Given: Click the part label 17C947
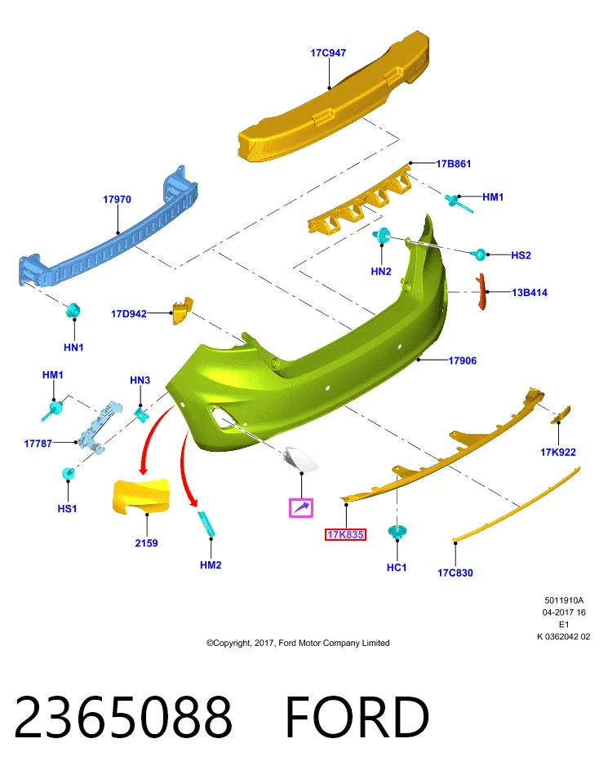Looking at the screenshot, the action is (x=328, y=53).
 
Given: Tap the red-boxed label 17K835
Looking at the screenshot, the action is (x=345, y=535).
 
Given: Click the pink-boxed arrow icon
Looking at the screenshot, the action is (x=301, y=508).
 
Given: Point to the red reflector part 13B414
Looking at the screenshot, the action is (x=481, y=292).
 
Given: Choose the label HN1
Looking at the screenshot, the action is (x=73, y=347).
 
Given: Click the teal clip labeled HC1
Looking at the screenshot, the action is (x=397, y=531).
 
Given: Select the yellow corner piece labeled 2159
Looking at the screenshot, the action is (x=141, y=496).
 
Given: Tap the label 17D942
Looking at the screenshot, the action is (x=129, y=313).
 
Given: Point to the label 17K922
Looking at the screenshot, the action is (x=558, y=452).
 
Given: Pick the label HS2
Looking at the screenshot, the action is (x=521, y=255).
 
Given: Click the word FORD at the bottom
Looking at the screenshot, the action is (x=357, y=717).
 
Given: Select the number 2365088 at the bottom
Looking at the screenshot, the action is (x=123, y=717).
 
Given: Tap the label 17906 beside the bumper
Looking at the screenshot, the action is (x=463, y=361).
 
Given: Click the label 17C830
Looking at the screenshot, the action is (x=455, y=573).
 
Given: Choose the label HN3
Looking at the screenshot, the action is (x=140, y=380).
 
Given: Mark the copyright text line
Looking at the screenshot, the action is (x=298, y=644).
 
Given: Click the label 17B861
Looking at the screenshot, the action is (x=454, y=164).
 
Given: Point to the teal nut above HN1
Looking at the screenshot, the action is (x=73, y=311).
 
